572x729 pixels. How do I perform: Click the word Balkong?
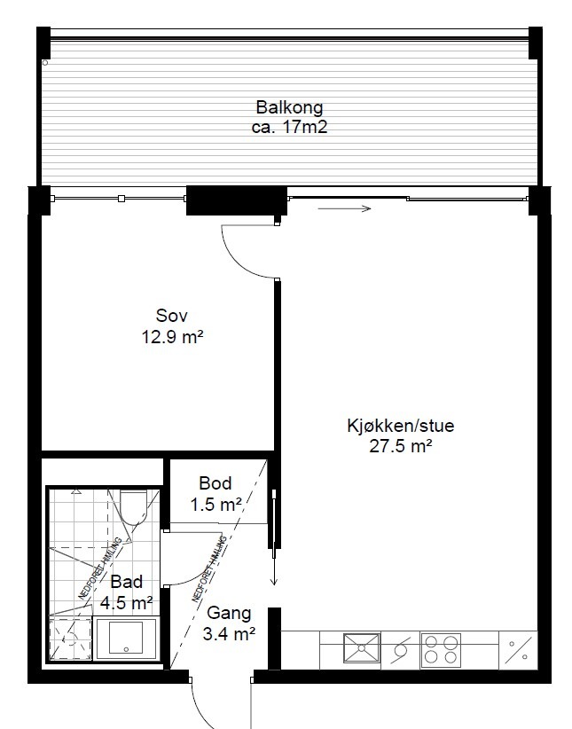(289, 107)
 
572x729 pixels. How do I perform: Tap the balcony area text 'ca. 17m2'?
(289, 127)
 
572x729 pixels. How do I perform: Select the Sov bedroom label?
(172, 316)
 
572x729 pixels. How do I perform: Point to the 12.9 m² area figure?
(173, 337)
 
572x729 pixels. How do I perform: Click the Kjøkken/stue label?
(401, 426)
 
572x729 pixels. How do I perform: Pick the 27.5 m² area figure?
(401, 446)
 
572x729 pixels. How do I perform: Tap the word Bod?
(215, 483)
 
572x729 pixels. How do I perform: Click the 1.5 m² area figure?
(215, 504)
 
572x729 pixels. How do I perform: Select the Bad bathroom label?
(127, 582)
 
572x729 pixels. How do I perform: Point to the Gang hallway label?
(229, 613)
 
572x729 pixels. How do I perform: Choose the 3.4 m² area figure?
(229, 633)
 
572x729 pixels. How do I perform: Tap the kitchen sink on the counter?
(362, 647)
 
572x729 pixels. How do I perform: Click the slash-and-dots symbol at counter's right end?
(518, 650)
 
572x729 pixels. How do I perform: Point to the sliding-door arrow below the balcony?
(345, 208)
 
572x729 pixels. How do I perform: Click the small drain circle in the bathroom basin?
(126, 649)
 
